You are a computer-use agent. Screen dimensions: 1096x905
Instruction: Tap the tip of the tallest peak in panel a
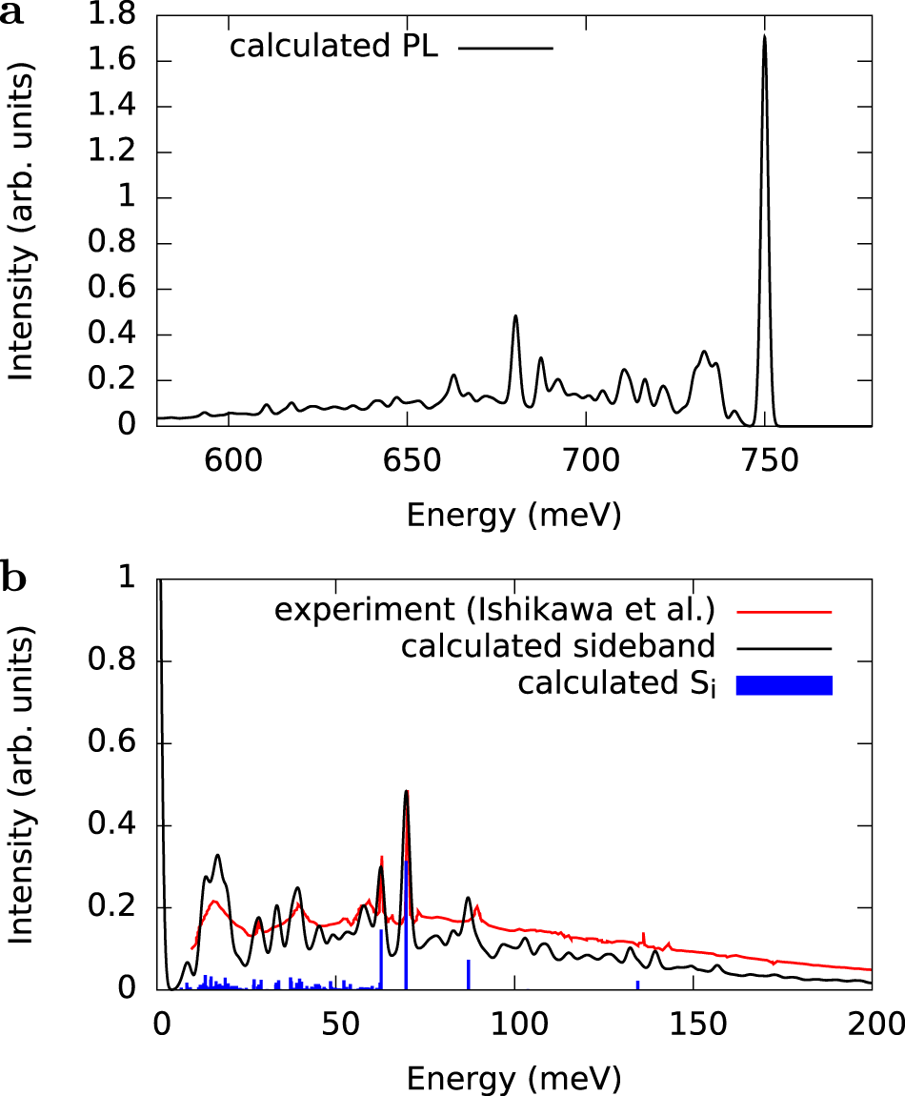click(x=764, y=36)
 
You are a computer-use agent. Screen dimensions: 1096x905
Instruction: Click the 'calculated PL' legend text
click(x=334, y=48)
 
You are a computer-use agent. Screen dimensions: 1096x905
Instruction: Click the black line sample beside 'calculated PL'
click(x=505, y=48)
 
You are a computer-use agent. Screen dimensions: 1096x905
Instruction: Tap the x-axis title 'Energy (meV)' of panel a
click(x=514, y=516)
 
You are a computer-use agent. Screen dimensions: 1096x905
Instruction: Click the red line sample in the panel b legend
click(x=785, y=610)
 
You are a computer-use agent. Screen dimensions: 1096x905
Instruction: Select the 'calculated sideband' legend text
click(x=558, y=647)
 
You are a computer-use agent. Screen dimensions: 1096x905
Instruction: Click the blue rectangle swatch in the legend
click(x=785, y=684)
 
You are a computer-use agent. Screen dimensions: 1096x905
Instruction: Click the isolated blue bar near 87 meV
click(x=469, y=974)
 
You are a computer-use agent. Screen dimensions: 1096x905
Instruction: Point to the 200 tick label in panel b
click(x=872, y=1025)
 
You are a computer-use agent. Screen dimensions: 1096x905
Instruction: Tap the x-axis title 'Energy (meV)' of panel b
click(x=514, y=1079)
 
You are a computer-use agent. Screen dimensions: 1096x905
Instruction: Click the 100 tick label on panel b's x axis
click(x=515, y=1025)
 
